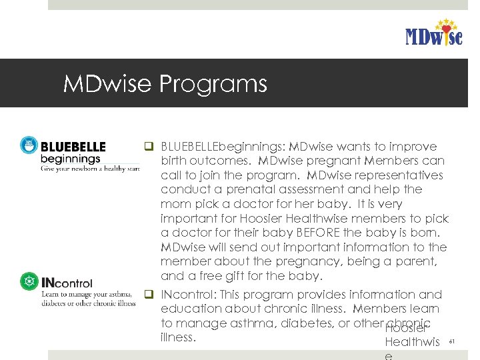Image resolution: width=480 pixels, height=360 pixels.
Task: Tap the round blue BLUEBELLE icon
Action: [x=29, y=145]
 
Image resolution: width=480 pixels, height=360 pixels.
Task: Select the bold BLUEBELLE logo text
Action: [x=73, y=146]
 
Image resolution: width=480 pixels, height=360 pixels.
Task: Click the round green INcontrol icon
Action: [x=29, y=281]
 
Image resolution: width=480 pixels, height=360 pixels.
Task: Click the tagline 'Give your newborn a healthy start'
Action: [x=89, y=169]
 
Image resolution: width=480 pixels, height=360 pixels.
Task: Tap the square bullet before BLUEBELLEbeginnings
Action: [x=149, y=147]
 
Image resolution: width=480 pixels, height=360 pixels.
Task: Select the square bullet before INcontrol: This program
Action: [x=149, y=294]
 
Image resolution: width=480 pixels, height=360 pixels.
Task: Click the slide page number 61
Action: [x=451, y=341]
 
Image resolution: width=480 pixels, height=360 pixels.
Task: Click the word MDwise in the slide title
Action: [x=107, y=84]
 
